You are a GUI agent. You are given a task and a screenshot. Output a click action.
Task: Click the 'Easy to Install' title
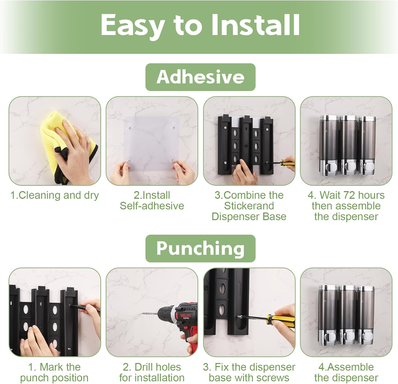[x=200, y=25]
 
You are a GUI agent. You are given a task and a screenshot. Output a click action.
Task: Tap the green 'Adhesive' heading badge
[x=200, y=77]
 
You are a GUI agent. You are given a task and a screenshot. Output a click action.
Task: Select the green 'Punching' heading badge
[x=200, y=249]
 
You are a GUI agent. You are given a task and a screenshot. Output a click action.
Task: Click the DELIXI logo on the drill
[x=185, y=316]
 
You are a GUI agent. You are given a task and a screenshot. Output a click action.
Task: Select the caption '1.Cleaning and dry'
[x=54, y=195]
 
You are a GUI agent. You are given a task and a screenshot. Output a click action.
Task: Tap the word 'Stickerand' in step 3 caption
[x=249, y=206]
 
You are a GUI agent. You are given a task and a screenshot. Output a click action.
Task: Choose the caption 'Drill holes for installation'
[x=152, y=372]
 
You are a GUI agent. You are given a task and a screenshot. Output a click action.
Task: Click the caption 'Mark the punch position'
[x=54, y=372]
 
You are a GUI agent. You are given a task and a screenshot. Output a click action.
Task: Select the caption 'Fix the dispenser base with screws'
[x=249, y=372]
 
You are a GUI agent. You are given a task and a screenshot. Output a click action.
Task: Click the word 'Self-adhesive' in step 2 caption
[x=152, y=206]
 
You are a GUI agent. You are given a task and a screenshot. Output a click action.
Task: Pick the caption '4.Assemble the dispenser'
[x=346, y=372]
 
